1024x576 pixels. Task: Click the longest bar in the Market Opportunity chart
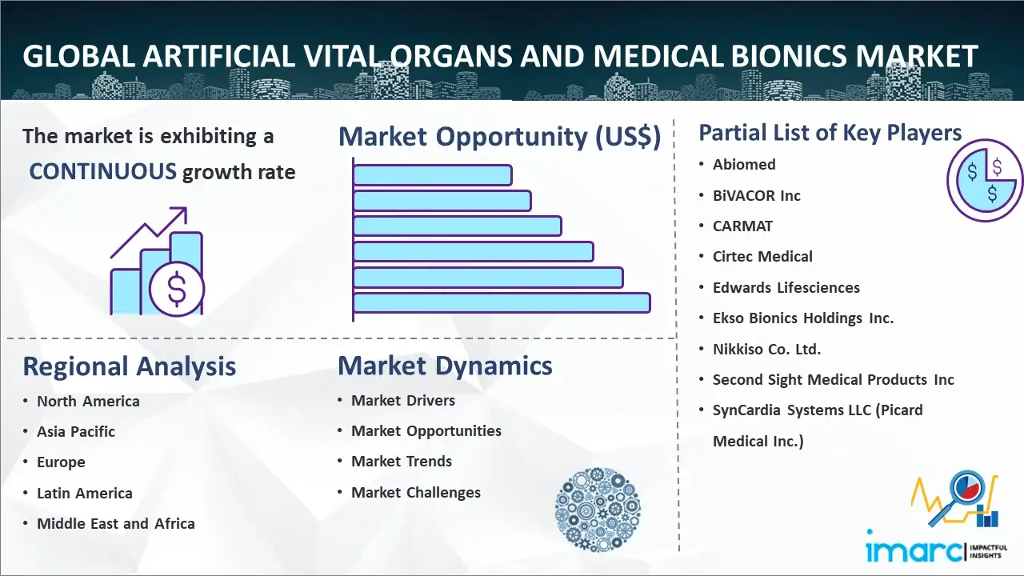(502, 303)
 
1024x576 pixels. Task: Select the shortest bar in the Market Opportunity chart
(433, 175)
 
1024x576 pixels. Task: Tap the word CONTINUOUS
(103, 171)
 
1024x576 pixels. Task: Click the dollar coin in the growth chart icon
(177, 289)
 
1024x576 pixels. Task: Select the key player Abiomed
(744, 165)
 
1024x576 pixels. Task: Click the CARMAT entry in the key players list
(742, 226)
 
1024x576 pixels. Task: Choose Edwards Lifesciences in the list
(786, 287)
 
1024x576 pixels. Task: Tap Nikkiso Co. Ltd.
(766, 350)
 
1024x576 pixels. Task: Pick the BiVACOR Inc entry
(757, 196)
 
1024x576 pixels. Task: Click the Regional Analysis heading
(130, 366)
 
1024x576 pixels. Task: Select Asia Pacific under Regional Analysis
(76, 431)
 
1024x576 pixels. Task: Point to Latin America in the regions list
(85, 494)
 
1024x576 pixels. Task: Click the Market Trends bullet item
(402, 462)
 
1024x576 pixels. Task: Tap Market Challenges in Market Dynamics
(415, 492)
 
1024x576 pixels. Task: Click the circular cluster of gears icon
(598, 510)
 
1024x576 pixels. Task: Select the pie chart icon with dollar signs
(985, 181)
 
